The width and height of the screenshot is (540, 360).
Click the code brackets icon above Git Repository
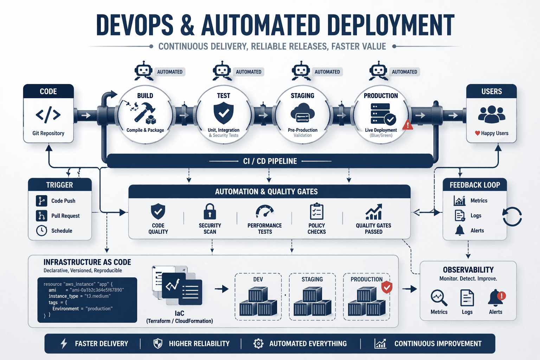(x=48, y=115)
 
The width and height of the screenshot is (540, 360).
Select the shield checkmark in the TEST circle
(x=224, y=113)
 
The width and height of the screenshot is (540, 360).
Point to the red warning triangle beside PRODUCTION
(x=408, y=124)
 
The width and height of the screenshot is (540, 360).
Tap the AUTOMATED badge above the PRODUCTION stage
(x=404, y=72)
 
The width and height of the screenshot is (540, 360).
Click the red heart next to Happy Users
(x=477, y=133)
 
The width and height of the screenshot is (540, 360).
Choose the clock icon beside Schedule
(x=41, y=231)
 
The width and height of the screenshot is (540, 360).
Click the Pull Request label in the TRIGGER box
(x=65, y=216)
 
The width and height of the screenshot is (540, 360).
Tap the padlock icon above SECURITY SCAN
(x=210, y=212)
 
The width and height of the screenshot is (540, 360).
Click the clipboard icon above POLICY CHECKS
(x=316, y=212)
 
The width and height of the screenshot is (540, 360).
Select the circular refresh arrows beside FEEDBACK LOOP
(x=512, y=216)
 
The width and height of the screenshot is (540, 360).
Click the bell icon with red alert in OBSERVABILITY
(x=496, y=298)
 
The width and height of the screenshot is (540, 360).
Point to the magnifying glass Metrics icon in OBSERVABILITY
(x=439, y=298)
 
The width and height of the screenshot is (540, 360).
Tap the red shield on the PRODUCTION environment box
(x=387, y=287)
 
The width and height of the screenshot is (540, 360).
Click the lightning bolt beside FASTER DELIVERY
(x=64, y=343)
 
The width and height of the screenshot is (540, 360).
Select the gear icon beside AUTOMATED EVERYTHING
(x=258, y=343)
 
